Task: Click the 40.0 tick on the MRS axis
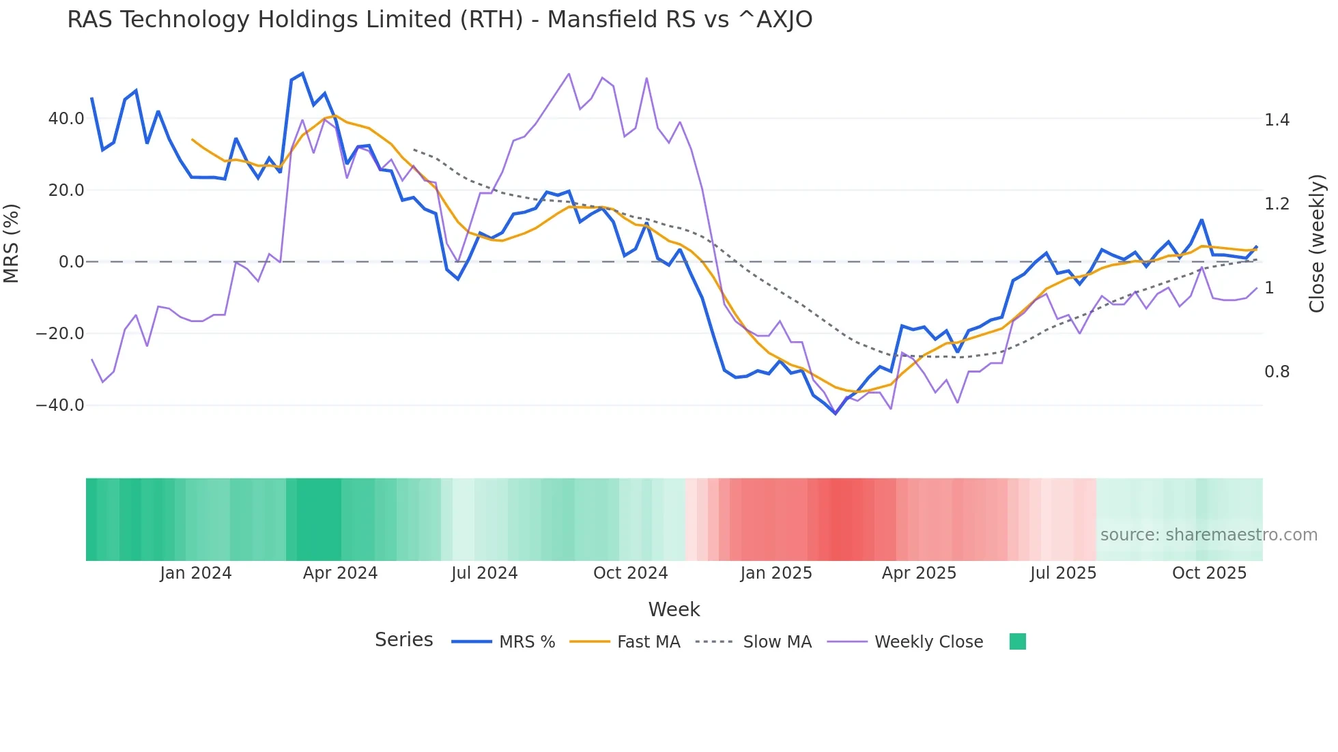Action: [x=66, y=119]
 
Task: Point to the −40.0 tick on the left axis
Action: [x=60, y=405]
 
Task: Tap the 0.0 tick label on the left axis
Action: [x=71, y=262]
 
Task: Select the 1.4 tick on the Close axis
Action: [x=1277, y=120]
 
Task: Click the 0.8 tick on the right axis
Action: [x=1277, y=372]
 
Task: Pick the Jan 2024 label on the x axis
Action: [x=195, y=573]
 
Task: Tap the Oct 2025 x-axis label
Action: [x=1209, y=573]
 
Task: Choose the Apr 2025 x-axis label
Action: [x=919, y=573]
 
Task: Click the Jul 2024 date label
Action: [x=484, y=573]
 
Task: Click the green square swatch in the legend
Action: [x=1017, y=641]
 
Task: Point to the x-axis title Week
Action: [x=674, y=609]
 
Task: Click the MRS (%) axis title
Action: [x=12, y=244]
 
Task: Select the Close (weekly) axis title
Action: [x=1317, y=244]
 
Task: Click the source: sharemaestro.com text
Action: [x=1208, y=535]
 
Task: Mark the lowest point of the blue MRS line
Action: [x=835, y=414]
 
